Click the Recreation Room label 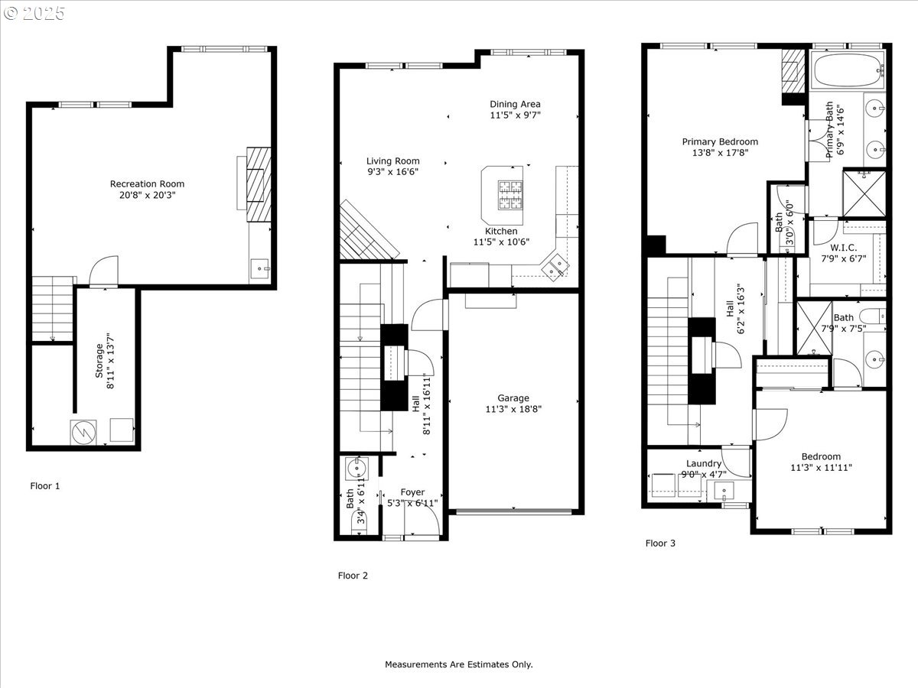(147, 183)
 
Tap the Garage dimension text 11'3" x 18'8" (513, 409)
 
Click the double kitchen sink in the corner (556, 265)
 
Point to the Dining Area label (515, 104)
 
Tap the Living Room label (392, 161)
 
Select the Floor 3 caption (660, 544)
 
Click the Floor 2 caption (353, 576)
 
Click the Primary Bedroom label (720, 141)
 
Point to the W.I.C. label (844, 247)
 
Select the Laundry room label (703, 463)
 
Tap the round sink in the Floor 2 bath (356, 467)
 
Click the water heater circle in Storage (83, 432)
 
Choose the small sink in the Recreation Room (261, 268)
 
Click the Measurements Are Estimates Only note (458, 664)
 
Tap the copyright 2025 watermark (34, 13)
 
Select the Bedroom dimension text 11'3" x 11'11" (820, 468)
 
